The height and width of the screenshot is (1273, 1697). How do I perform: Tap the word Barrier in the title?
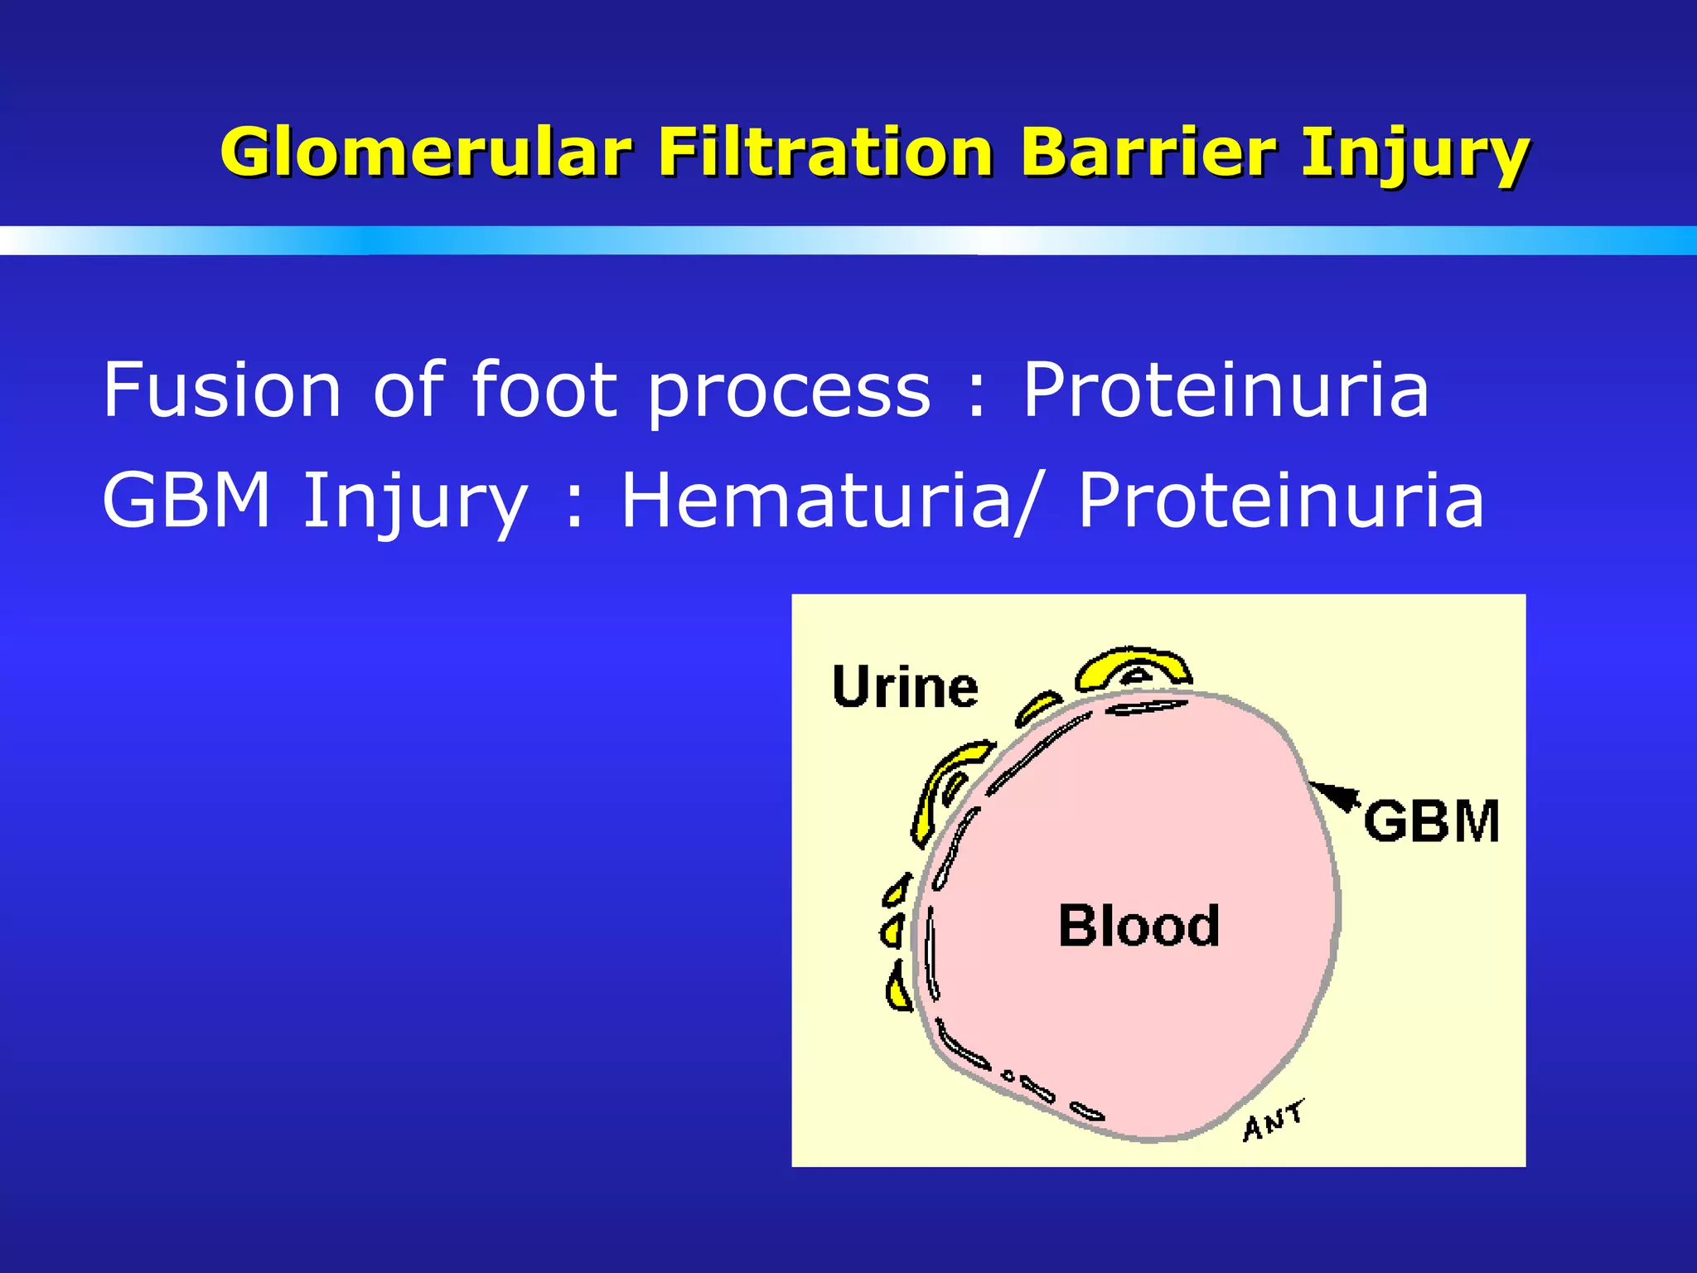[1148, 153]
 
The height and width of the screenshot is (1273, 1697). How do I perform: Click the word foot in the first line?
[544, 390]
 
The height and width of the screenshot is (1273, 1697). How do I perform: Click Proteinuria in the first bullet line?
[1226, 390]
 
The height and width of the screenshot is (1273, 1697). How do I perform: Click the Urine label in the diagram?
[905, 688]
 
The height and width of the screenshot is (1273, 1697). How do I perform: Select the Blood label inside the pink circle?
[1139, 926]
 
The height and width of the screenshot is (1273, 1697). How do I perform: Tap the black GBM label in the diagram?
[1432, 821]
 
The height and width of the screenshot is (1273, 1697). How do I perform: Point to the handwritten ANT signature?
[1273, 1121]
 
